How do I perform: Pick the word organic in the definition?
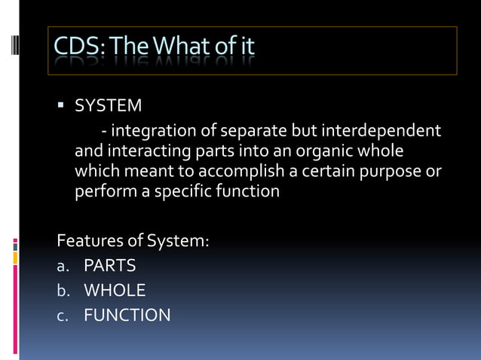(x=317, y=151)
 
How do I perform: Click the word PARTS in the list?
(x=110, y=266)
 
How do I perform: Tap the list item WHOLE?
(x=115, y=291)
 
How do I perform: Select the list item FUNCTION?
(x=127, y=315)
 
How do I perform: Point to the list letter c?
(x=62, y=316)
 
